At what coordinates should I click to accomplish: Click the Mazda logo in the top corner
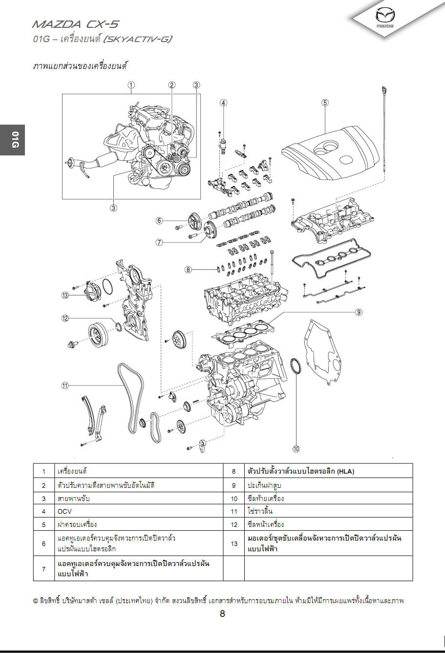[x=385, y=18]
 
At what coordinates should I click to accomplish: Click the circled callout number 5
[x=325, y=102]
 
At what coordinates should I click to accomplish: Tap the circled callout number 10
[x=296, y=448]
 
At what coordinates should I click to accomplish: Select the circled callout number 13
[x=65, y=295]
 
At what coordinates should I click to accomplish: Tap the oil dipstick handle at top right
[x=384, y=90]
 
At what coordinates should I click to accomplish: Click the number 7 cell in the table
[x=43, y=569]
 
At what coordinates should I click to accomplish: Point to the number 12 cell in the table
[x=234, y=524]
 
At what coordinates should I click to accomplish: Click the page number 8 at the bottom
[x=222, y=614]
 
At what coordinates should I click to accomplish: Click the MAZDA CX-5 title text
[x=75, y=24]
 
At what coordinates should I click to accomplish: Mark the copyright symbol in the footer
[x=36, y=601]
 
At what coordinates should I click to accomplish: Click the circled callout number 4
[x=223, y=103]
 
